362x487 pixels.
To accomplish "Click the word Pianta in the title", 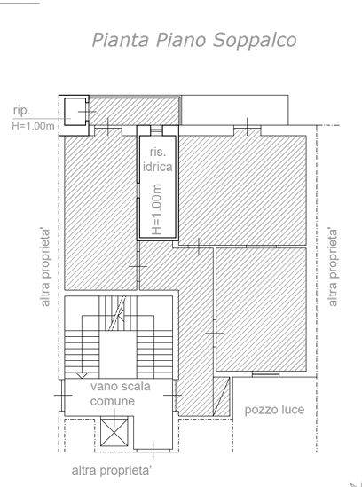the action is [120, 40].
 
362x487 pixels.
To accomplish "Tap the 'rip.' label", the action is [21, 111].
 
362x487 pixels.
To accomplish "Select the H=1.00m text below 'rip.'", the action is [33, 126].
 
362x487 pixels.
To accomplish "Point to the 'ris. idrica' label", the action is [157, 160].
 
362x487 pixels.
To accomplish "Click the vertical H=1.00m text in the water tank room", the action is [157, 209].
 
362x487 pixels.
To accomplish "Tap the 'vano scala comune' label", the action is [121, 394].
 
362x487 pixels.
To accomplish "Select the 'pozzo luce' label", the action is [274, 410].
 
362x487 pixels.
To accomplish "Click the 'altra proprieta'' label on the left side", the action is [45, 267].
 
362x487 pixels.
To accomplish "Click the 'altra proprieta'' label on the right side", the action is [333, 267].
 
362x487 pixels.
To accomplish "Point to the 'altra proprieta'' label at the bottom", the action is [112, 470].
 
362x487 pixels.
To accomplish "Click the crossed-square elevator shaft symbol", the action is [114, 432].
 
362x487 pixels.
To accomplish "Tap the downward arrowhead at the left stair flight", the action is [82, 375].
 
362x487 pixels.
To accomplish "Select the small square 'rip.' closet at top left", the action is [75, 112].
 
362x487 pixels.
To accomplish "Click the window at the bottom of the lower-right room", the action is [265, 374].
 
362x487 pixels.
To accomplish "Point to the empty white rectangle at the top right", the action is [234, 110].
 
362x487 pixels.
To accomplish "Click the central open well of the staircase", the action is [118, 354].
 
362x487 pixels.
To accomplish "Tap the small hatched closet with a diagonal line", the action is [222, 397].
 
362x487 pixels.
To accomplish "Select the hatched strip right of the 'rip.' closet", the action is [134, 112].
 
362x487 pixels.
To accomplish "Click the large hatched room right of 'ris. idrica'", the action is [243, 190].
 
